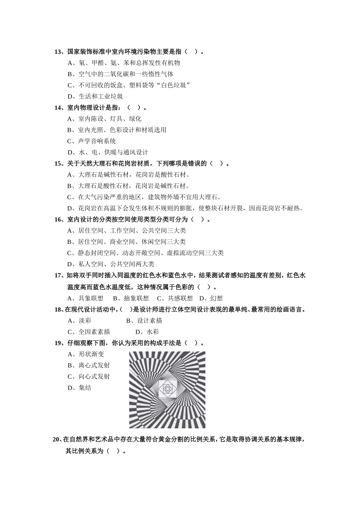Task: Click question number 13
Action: pos(58,52)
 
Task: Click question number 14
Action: pos(58,108)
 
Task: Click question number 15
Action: pos(58,164)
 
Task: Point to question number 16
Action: pos(58,220)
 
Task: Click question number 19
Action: pos(58,343)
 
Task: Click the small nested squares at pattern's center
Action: pos(167,389)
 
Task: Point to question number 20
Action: pos(56,440)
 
